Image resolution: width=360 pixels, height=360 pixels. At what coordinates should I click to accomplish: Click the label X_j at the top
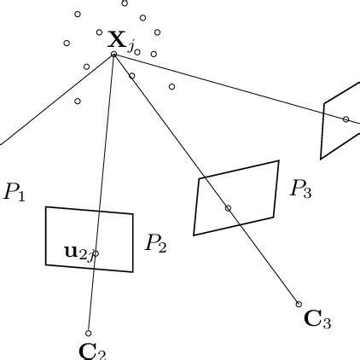119,40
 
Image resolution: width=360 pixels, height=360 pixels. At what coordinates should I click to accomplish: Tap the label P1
15,192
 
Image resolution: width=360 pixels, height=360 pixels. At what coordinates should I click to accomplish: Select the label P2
155,244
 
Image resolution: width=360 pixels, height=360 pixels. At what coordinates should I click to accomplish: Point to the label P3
300,189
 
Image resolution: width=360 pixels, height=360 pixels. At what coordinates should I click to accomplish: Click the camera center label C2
92,350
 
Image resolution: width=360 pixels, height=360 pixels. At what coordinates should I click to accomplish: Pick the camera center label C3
317,321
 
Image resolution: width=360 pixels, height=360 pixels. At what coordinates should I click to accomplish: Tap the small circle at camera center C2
88,334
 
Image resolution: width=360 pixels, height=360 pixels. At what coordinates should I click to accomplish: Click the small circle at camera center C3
299,304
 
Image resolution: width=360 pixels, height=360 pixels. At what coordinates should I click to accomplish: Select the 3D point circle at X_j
113,55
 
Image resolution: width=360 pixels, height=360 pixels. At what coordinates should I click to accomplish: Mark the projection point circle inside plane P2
96,253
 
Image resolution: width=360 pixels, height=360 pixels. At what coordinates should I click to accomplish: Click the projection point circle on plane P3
228,208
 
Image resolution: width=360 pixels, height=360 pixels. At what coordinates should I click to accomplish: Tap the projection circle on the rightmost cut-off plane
345,119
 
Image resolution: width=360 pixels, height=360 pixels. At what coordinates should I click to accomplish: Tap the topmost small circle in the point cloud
125,3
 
